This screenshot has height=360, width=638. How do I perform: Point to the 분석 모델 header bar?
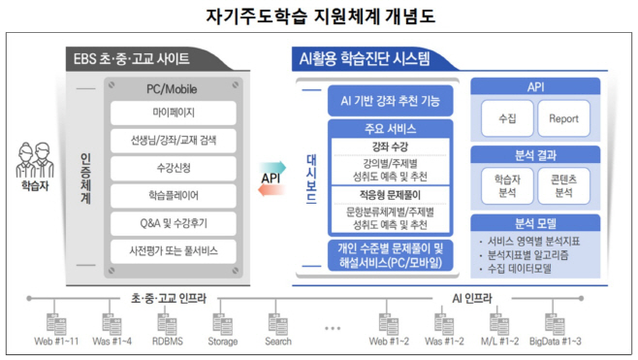coord(536,221)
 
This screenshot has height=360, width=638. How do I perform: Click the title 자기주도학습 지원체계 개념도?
coord(318,16)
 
